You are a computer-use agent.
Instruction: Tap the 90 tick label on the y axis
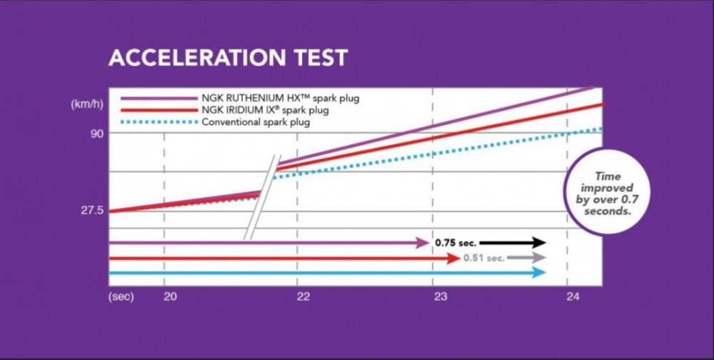point(99,133)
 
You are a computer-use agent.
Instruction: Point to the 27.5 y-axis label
point(92,211)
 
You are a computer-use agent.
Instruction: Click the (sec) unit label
point(121,296)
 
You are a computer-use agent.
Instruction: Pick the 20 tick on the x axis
point(170,296)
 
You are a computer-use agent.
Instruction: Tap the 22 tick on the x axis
point(303,296)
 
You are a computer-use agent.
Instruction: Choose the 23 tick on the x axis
point(441,296)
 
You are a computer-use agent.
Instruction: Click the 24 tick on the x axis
point(573,296)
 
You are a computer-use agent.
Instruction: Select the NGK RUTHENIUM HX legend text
point(281,99)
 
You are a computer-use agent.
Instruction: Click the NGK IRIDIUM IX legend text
point(266,110)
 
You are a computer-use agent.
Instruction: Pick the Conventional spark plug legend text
point(256,122)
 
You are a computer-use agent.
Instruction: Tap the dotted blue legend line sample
point(159,122)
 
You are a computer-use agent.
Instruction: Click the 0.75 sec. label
point(456,243)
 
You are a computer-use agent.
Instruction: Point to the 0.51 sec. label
point(484,258)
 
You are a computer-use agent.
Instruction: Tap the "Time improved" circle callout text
point(608,194)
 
